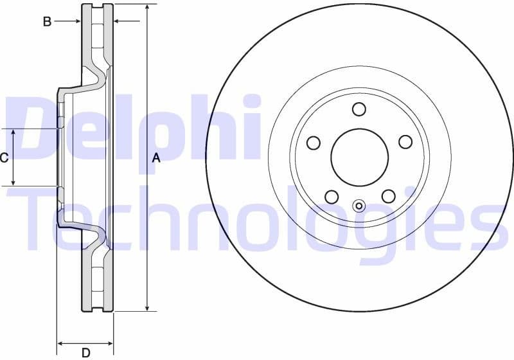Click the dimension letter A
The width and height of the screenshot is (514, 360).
pos(155,157)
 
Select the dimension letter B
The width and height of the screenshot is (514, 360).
pos(47,21)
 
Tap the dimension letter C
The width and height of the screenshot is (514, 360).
pos(4,157)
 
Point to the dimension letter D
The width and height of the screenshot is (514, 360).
pos(85,352)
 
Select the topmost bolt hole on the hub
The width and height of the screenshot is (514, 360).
pos(359,109)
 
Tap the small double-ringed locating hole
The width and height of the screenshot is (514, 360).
pos(359,206)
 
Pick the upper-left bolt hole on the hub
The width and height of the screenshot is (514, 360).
pos(314,142)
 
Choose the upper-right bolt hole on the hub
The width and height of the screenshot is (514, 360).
pos(405,142)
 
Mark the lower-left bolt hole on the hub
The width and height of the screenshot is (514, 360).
pos(331,196)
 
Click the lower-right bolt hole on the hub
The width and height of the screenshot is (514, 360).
pos(388,196)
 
